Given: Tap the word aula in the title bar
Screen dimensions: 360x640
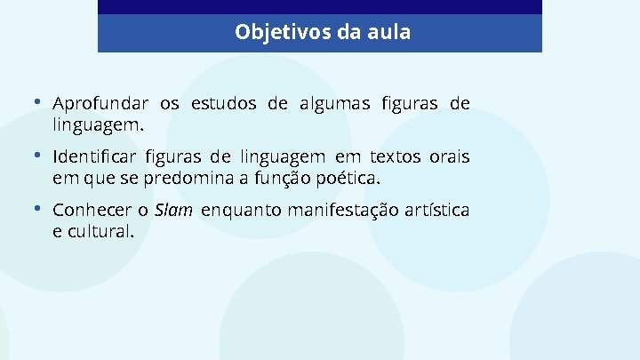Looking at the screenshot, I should point(388,33).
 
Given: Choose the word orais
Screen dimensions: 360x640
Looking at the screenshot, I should point(449,157).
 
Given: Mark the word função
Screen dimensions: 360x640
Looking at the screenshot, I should point(284,179).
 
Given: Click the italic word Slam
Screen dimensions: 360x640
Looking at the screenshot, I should point(173,211).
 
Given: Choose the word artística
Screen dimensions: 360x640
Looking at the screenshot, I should point(437,211).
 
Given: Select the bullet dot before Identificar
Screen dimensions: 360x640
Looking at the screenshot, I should point(37,156).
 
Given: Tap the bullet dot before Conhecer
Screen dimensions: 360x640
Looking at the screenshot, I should point(37,209).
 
